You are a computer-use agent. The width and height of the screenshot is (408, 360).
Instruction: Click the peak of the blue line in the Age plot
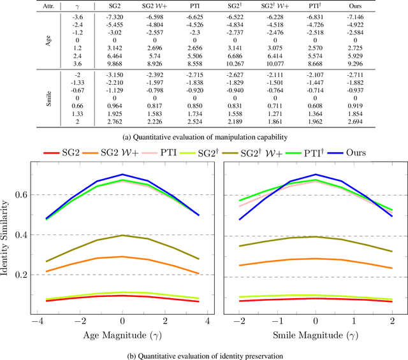pyautogui.click(x=122, y=175)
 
